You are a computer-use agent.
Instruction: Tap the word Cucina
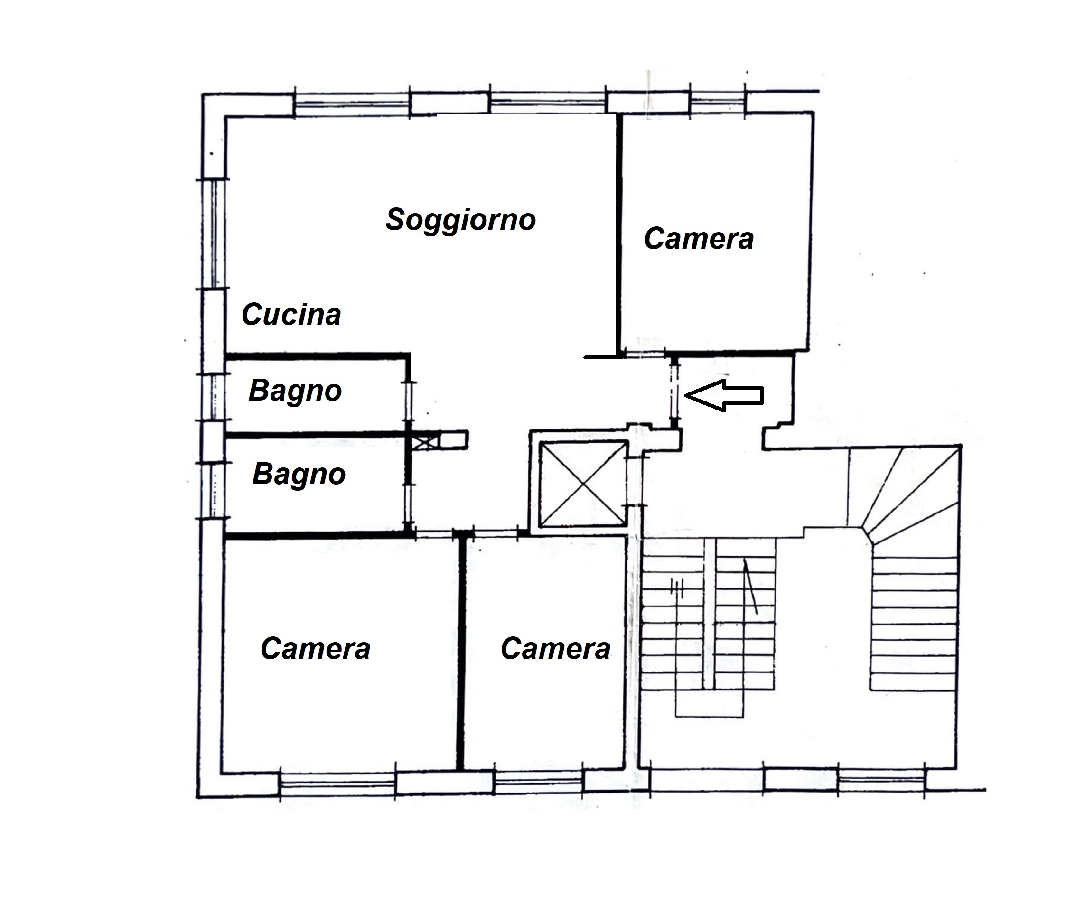click(x=291, y=315)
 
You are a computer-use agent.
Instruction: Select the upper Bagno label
click(x=295, y=391)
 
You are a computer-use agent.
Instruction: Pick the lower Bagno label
click(x=299, y=474)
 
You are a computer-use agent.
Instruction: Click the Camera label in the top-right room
click(x=699, y=239)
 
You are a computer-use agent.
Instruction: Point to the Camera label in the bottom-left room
click(x=315, y=649)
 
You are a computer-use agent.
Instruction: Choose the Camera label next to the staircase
click(x=555, y=649)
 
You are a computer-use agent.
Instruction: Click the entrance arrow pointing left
click(x=725, y=395)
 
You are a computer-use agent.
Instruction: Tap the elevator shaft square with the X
click(x=583, y=484)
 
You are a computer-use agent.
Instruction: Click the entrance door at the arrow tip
click(x=674, y=392)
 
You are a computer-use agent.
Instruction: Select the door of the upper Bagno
click(x=409, y=401)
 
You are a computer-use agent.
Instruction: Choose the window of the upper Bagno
click(x=214, y=396)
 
